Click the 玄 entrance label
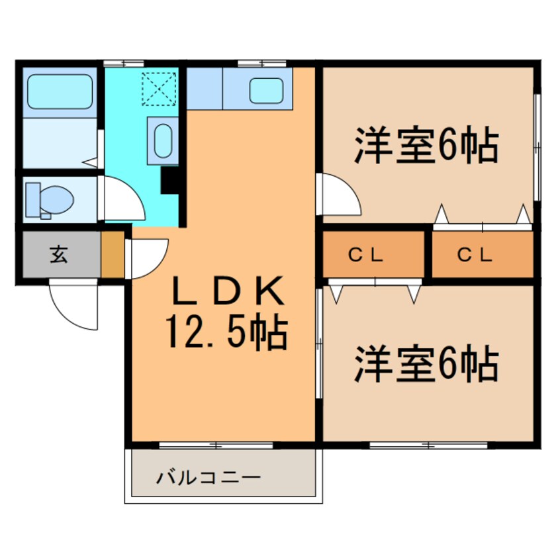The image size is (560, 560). (x=58, y=254)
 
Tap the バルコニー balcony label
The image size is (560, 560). (x=209, y=477)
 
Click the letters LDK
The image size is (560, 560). (x=228, y=291)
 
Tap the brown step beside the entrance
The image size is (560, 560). (x=113, y=254)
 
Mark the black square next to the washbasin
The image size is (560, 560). (x=171, y=179)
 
